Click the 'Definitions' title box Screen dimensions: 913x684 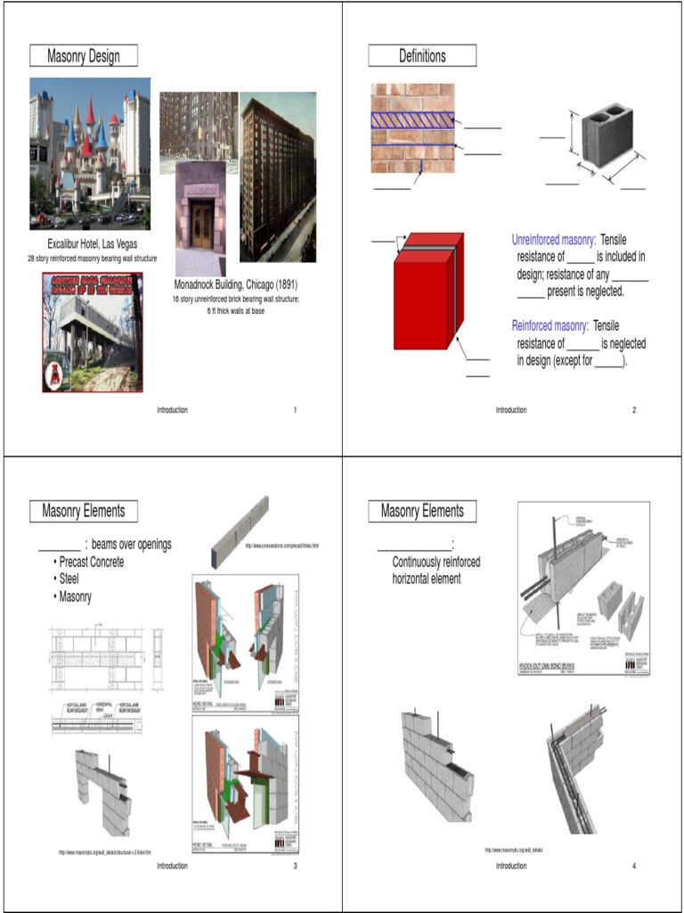tap(422, 56)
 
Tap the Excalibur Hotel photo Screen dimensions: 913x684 tap(89, 153)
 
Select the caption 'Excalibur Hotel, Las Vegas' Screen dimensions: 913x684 tap(93, 243)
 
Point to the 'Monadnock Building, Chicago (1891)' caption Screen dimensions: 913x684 tap(235, 285)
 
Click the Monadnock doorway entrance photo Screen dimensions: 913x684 tap(200, 218)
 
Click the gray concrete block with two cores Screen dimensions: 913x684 tap(607, 140)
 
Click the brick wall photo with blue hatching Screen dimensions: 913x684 tap(412, 128)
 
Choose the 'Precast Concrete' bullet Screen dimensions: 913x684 tap(89, 562)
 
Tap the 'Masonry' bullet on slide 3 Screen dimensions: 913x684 tap(75, 596)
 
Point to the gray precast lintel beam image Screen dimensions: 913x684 tap(240, 532)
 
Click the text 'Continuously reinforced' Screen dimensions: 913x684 tap(436, 562)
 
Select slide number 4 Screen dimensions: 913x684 tap(634, 866)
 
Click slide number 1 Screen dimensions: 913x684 tap(295, 410)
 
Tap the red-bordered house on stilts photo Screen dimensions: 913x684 tap(93, 333)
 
